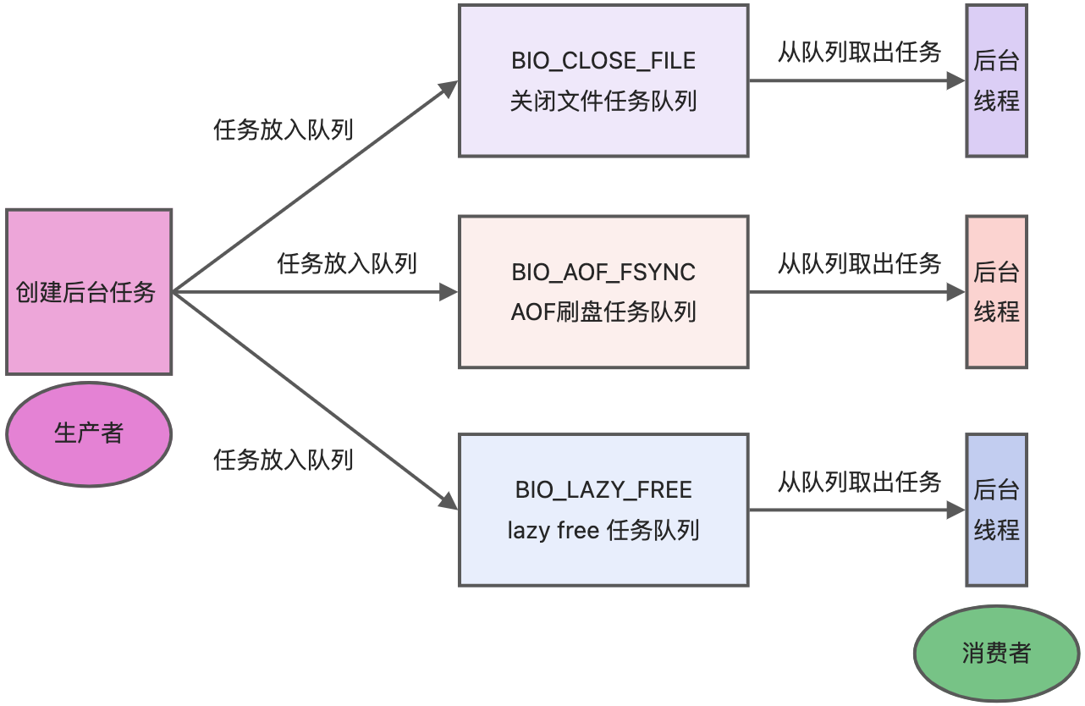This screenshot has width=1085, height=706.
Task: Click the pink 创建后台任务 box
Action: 89,292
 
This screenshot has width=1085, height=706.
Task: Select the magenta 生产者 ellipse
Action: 89,433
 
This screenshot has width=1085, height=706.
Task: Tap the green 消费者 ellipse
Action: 996,653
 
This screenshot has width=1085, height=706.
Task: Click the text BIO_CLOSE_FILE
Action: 603,61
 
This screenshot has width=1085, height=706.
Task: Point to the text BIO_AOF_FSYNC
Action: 603,272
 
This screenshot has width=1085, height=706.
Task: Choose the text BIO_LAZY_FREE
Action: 603,490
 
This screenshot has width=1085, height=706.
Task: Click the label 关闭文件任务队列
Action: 603,102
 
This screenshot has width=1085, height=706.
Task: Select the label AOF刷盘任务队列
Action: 603,312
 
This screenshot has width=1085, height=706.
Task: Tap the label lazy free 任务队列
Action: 603,531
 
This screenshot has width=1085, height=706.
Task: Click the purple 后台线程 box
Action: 996,80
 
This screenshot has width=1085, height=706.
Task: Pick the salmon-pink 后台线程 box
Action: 996,291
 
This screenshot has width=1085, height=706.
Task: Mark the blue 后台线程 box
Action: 996,510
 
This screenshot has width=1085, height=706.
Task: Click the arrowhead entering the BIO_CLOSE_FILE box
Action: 449,86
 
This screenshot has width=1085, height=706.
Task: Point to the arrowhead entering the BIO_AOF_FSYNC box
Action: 448,292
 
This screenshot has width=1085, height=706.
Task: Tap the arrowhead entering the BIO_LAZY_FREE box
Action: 449,502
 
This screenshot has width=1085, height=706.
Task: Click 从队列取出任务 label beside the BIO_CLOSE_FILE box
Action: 859,52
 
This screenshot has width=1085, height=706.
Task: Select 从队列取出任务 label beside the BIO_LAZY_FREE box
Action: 859,482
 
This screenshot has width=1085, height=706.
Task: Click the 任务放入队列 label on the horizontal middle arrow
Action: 347,263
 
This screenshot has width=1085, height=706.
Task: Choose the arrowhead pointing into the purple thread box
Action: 956,81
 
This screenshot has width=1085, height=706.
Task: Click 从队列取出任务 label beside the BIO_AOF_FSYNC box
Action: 859,263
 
